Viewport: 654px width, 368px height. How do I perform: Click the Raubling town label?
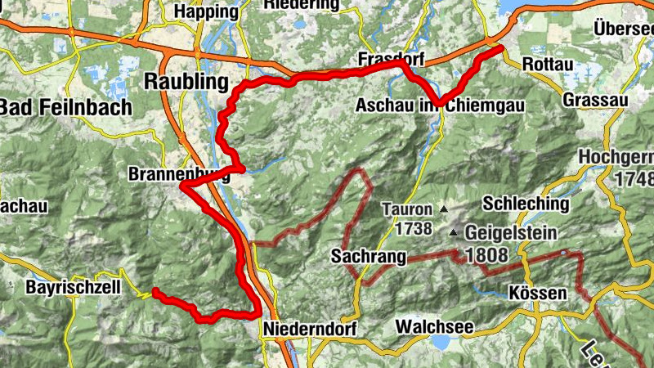point(186,81)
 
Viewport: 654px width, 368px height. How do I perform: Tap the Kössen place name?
point(537,293)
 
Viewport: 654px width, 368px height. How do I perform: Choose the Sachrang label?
point(370,257)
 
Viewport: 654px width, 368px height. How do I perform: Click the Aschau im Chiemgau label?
point(439,106)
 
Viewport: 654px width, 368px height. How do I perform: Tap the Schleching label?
point(526,203)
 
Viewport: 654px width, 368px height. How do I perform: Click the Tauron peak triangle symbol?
point(444,209)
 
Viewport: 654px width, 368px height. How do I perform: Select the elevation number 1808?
point(487,254)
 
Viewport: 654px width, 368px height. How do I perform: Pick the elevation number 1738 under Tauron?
point(406,228)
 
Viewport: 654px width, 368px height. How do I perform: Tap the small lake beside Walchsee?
point(441,341)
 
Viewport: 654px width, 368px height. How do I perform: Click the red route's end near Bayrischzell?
point(154,292)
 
